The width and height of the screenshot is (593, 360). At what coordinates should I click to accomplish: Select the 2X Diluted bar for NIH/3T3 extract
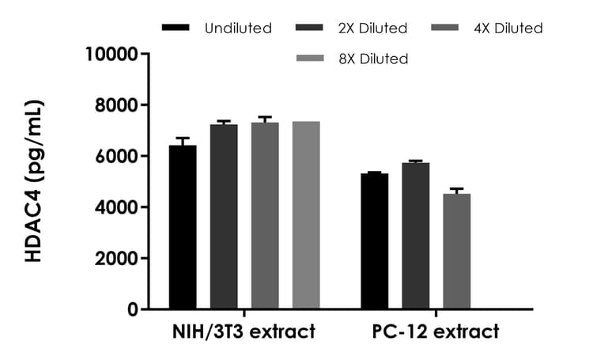[x=224, y=217]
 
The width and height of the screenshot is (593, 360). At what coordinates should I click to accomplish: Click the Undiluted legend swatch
[x=176, y=28]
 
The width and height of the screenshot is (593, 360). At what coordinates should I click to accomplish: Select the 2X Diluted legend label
[x=371, y=28]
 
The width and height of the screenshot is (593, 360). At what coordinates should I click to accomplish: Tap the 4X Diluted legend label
[x=508, y=28]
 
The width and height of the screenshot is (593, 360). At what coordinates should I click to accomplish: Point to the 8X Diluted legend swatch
[x=309, y=58]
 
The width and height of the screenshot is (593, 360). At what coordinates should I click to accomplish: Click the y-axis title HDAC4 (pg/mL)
[x=36, y=181]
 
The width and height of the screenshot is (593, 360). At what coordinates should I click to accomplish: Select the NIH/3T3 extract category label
[x=244, y=332]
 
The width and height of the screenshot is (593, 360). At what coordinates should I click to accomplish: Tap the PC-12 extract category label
[x=436, y=332]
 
